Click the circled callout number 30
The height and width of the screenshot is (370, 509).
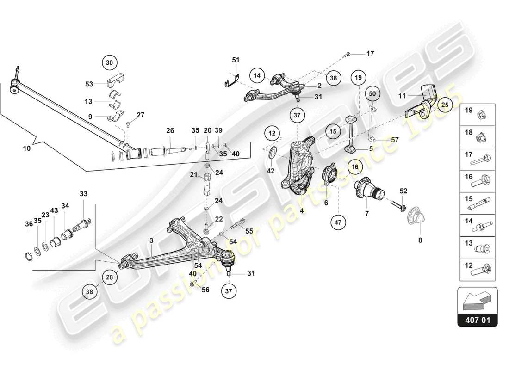point(109,62)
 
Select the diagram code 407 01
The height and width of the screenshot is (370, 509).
point(477,319)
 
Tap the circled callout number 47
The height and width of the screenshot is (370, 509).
point(338,222)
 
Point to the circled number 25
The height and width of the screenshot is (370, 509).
point(445,105)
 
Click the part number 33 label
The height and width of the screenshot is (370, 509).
point(83,194)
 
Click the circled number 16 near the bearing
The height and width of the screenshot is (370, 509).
point(355,166)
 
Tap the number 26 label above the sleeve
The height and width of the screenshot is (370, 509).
point(170,131)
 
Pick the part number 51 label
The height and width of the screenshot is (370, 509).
point(236,60)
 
